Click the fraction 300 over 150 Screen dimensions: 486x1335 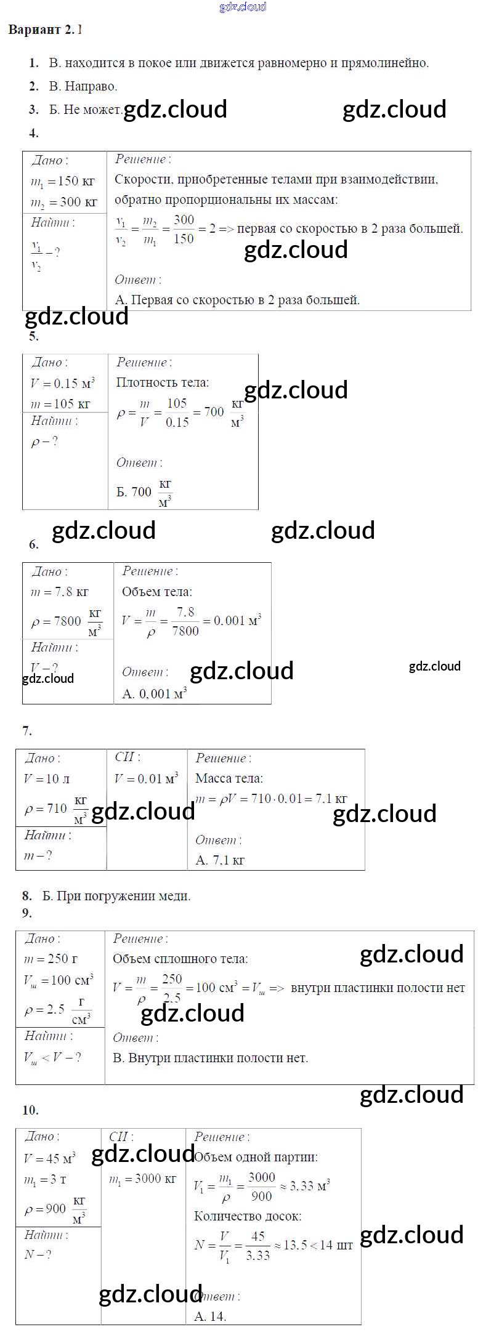[184, 229]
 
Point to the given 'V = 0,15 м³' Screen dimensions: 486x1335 [62, 384]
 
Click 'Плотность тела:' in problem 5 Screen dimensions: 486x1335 [163, 382]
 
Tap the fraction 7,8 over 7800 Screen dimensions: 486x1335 [185, 621]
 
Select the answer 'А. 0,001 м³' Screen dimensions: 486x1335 [154, 694]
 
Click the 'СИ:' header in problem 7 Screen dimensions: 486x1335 [128, 757]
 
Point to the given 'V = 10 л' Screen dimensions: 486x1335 [47, 779]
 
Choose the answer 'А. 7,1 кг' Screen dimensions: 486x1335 [220, 860]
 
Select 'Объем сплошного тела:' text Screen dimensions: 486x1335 [180, 959]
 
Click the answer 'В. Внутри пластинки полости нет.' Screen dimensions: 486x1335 [210, 1058]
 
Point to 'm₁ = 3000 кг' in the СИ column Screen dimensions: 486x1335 [142, 1179]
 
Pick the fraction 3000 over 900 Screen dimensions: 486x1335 [261, 1186]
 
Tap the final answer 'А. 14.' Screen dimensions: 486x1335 [210, 1317]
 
